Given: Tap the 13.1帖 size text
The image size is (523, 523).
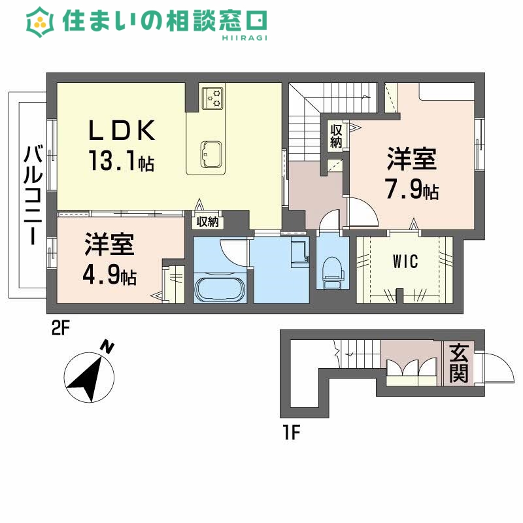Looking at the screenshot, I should pyautogui.click(x=122, y=161).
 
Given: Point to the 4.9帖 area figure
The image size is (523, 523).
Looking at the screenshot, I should pyautogui.click(x=109, y=275).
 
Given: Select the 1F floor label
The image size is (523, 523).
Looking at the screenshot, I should pyautogui.click(x=291, y=432).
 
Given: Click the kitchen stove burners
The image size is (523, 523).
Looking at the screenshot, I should pyautogui.click(x=212, y=97).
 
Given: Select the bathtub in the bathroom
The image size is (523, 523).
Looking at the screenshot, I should pyautogui.click(x=220, y=287).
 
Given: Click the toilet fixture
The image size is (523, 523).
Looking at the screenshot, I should pyautogui.click(x=331, y=271).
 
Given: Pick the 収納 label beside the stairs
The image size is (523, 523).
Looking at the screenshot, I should pyautogui.click(x=336, y=135).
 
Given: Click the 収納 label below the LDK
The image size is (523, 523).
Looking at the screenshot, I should pyautogui.click(x=207, y=222).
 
